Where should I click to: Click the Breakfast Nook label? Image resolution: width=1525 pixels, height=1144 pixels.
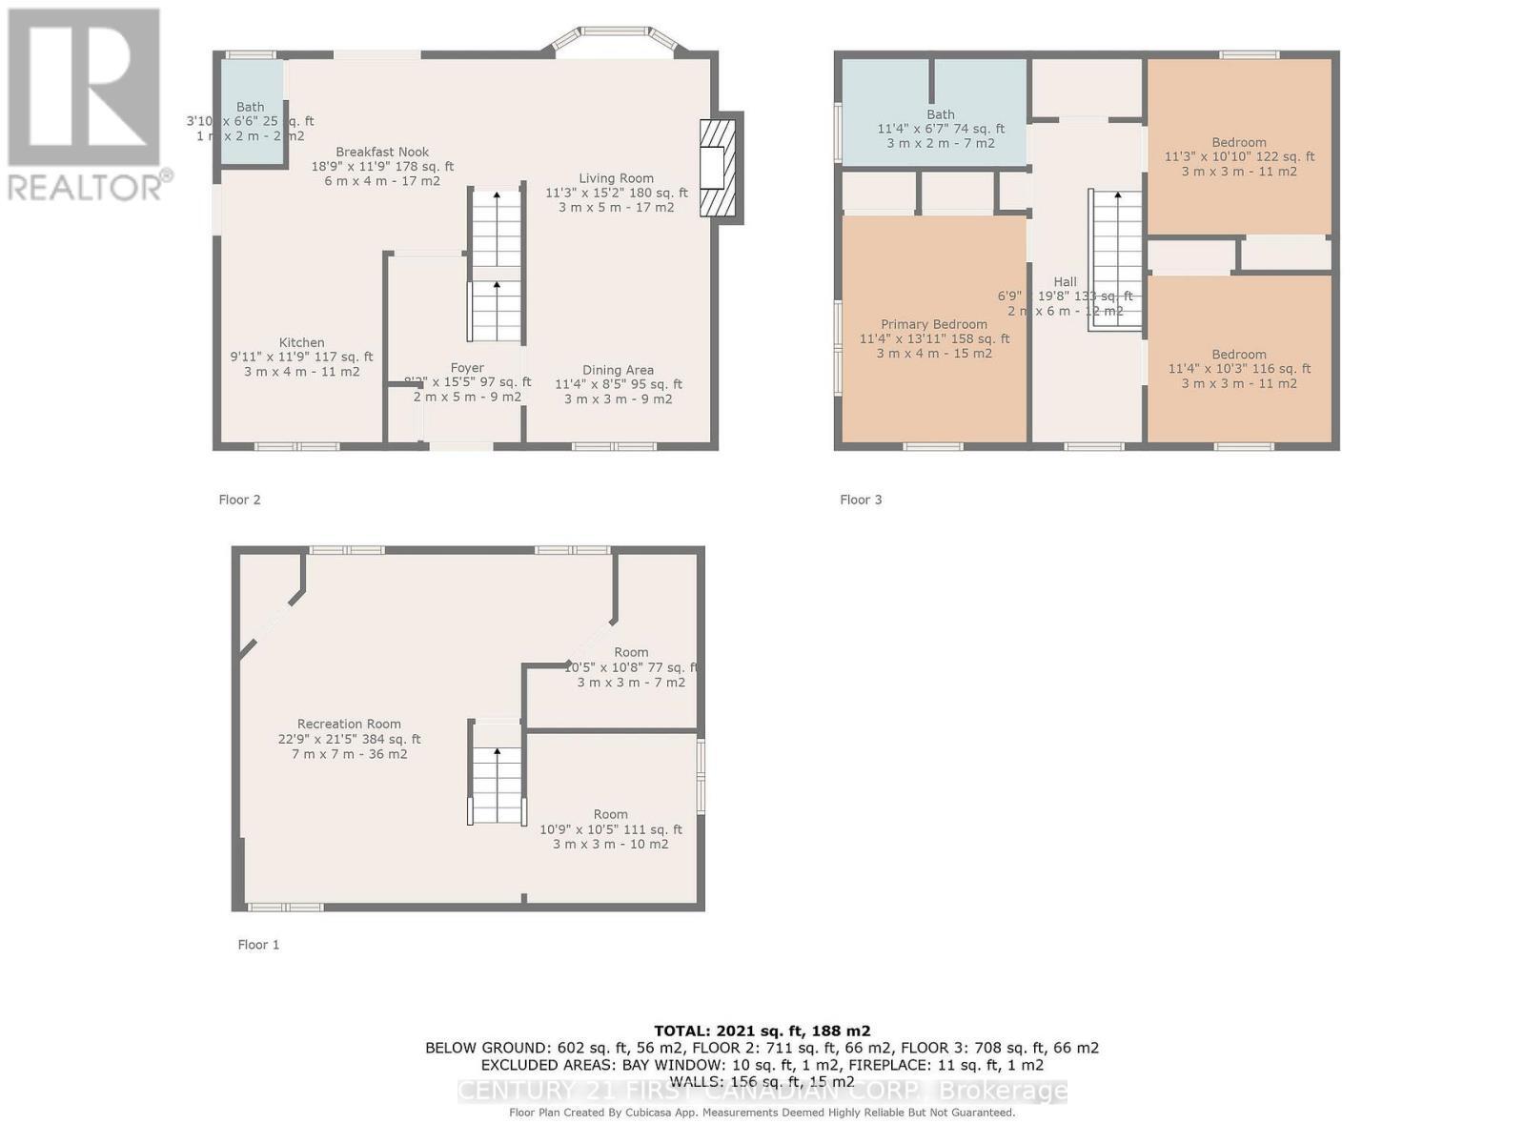(x=382, y=153)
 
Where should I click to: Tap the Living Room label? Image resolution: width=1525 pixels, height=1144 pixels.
(x=616, y=178)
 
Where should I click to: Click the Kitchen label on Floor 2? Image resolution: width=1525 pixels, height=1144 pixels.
(x=301, y=343)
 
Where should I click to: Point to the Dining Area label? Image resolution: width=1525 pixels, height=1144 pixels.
(x=618, y=370)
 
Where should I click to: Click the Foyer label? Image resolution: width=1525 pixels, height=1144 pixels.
(x=467, y=368)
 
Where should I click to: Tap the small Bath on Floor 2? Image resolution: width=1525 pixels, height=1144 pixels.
(x=251, y=108)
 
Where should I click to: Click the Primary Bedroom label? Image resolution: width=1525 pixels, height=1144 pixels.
(x=934, y=325)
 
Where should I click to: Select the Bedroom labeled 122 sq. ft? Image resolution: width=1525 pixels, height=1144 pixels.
(x=1239, y=143)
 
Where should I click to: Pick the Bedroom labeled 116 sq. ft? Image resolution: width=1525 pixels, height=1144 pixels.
(x=1239, y=355)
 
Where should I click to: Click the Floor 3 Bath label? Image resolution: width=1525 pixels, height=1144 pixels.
(x=940, y=114)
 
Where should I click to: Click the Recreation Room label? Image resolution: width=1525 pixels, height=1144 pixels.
(x=349, y=725)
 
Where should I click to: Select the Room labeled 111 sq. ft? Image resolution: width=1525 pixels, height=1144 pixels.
(x=610, y=815)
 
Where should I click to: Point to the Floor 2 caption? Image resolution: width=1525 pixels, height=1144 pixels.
(x=239, y=500)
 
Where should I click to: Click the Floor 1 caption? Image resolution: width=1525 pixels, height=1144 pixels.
(x=258, y=945)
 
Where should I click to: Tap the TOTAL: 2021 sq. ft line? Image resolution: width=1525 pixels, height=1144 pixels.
(x=762, y=1031)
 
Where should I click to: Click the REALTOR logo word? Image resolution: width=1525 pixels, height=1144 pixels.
(x=86, y=186)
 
